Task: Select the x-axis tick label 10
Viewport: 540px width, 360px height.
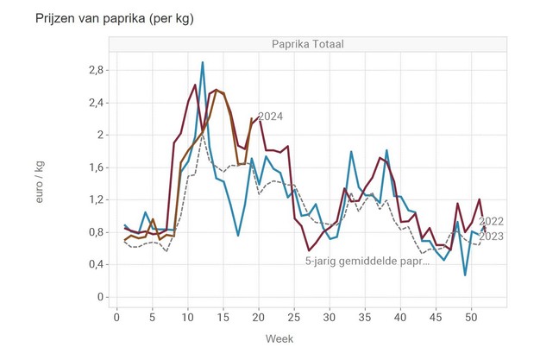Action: pos(188,317)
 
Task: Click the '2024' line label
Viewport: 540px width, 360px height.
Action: pos(270,117)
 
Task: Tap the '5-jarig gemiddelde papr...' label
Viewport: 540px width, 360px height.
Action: pos(367,260)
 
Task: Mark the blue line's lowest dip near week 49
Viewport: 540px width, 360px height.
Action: pos(466,275)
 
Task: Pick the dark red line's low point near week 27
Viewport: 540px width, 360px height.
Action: pos(309,250)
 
